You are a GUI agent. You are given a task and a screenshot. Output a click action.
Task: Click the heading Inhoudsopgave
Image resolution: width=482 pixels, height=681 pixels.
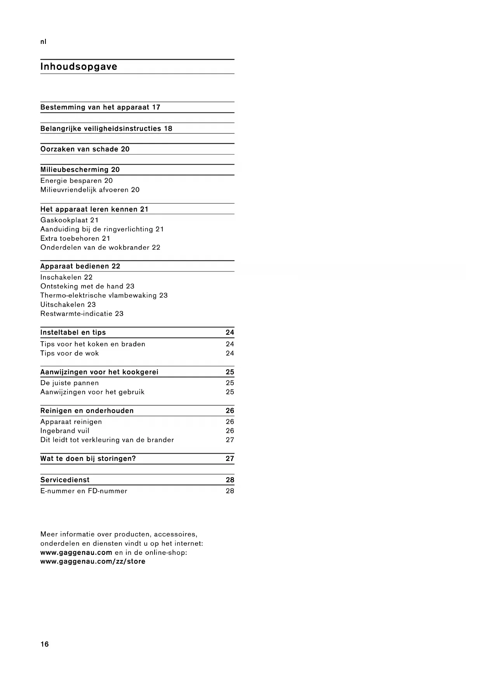coord(79,67)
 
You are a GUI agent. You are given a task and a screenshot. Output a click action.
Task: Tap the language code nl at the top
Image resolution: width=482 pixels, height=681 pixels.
coord(43,42)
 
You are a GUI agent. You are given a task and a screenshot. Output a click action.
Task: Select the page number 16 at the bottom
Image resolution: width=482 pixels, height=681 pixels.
coord(45,644)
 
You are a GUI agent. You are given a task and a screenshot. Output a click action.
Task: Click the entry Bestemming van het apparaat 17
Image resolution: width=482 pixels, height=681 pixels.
coord(100,108)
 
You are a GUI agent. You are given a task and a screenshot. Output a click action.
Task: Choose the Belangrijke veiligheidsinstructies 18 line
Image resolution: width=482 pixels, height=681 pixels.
coord(106,129)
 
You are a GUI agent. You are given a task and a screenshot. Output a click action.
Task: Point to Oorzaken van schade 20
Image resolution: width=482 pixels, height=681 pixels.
coord(85,149)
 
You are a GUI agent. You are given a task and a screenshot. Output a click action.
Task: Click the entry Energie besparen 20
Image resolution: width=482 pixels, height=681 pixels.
coord(77,181)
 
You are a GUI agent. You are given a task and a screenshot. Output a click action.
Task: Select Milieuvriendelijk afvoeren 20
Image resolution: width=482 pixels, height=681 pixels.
coord(90,190)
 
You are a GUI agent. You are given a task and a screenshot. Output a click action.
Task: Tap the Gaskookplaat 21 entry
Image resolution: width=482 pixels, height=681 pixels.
coord(70,220)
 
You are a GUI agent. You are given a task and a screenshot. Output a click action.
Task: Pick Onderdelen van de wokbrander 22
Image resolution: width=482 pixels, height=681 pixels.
coord(100,247)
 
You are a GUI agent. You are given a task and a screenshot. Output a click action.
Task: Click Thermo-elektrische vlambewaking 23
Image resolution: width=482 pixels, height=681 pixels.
coord(104,295)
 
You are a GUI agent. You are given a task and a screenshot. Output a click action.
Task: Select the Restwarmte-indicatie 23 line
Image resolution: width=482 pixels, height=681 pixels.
coord(82,314)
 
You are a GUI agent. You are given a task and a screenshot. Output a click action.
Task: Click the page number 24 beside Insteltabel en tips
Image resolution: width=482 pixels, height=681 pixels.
coord(230,332)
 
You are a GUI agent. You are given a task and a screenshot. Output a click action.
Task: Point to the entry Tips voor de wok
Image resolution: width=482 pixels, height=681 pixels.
coord(70,353)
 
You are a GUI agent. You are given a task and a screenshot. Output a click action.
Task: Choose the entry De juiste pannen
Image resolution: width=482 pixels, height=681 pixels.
coord(70,383)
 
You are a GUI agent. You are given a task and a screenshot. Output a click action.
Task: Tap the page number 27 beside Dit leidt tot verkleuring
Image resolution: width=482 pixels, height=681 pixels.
coord(230,440)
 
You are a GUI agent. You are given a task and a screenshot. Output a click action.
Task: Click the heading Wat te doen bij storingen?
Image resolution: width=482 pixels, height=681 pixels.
coord(88,459)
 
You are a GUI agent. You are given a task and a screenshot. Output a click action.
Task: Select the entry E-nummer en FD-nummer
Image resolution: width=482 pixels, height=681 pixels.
coord(84,491)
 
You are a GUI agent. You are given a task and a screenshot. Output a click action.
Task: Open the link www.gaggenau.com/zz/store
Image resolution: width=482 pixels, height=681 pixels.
coord(93,561)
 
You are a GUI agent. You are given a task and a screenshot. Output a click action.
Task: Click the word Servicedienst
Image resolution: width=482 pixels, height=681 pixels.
coord(65,480)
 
